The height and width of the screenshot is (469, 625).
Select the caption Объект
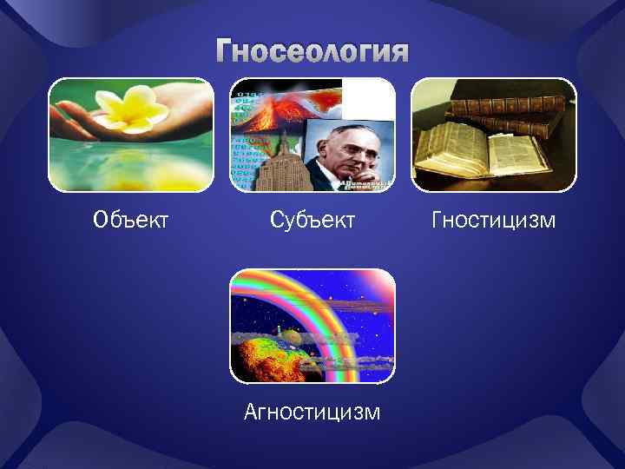pos(130,221)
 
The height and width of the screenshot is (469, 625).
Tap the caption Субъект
pos(312,221)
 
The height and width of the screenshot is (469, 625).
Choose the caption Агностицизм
pos(312,411)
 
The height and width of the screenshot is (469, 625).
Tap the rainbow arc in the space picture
pos(330,313)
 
